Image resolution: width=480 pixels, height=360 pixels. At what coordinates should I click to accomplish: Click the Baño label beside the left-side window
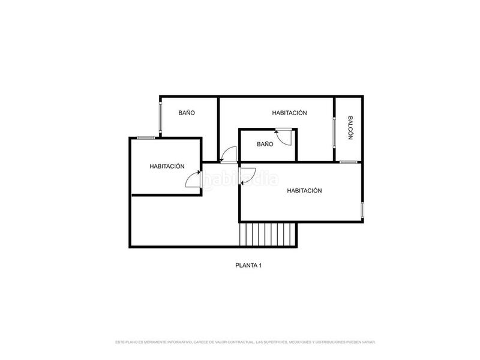(x=187, y=113)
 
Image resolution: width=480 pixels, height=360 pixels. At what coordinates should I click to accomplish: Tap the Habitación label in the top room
(x=289, y=113)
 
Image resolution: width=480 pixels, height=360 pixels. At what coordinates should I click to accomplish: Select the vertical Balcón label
(x=350, y=128)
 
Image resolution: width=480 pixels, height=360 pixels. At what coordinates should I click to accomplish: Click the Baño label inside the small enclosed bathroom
(x=265, y=144)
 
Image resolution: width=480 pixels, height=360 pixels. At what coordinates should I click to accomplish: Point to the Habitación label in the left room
(x=167, y=167)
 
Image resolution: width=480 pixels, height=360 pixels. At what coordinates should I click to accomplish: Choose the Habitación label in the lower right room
(x=304, y=191)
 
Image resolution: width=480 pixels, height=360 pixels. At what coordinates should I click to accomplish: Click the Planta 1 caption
(x=248, y=265)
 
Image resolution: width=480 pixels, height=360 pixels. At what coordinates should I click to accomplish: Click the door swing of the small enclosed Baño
(x=283, y=137)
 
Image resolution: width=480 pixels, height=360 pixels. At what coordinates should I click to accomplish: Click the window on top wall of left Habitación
(x=146, y=138)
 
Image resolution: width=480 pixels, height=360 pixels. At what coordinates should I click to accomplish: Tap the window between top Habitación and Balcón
(x=334, y=129)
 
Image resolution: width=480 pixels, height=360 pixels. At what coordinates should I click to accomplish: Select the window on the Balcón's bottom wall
(x=348, y=162)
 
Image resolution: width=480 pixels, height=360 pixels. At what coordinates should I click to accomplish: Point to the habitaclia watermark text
(x=240, y=179)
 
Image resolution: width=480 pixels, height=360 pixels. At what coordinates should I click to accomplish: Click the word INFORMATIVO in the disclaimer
(x=178, y=342)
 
